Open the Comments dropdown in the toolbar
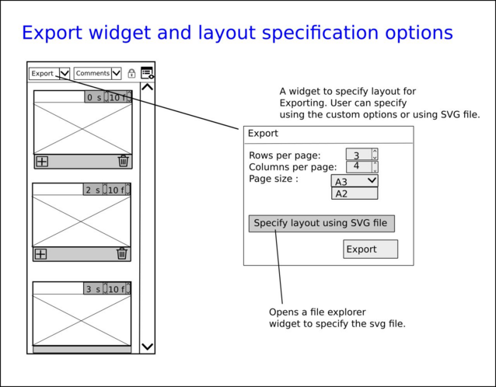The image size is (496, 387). pyautogui.click(x=97, y=74)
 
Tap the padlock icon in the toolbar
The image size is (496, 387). pyautogui.click(x=131, y=74)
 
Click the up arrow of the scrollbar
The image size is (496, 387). pyautogui.click(x=147, y=88)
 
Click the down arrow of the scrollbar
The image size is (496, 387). pyautogui.click(x=147, y=347)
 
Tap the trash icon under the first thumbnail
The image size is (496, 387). pyautogui.click(x=123, y=162)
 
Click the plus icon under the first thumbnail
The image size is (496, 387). pyautogui.click(x=42, y=162)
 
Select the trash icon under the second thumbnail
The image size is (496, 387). pyautogui.click(x=121, y=253)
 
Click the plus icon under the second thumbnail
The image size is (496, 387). pyautogui.click(x=41, y=253)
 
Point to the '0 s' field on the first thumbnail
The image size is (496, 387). pyautogui.click(x=94, y=97)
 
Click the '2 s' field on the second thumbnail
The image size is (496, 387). pyautogui.click(x=93, y=190)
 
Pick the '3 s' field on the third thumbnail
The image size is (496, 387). pyautogui.click(x=93, y=288)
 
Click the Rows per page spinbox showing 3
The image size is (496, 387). pyautogui.click(x=358, y=155)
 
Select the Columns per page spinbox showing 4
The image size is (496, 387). pyautogui.click(x=358, y=166)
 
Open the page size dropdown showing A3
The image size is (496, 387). pyautogui.click(x=355, y=181)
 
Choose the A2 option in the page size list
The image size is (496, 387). pyautogui.click(x=354, y=193)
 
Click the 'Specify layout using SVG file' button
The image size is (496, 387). pyautogui.click(x=322, y=223)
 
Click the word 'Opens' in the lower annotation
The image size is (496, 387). pyautogui.click(x=285, y=312)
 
